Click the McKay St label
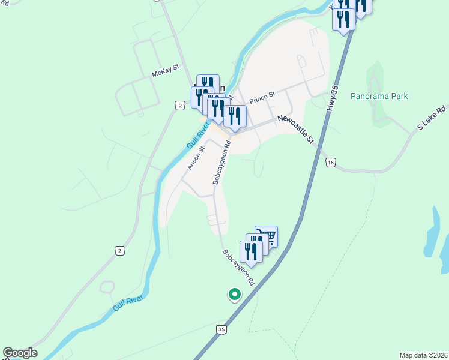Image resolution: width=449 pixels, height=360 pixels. [166, 73]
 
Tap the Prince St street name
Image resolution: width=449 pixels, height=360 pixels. [262, 96]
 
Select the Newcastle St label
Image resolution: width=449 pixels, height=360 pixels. [296, 130]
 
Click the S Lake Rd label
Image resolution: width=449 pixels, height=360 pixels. [433, 118]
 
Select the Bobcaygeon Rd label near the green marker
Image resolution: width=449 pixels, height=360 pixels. [240, 268]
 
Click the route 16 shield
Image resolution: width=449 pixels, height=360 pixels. [331, 162]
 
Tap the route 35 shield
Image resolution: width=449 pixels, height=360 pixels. [222, 329]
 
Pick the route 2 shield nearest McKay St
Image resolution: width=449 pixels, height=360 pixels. [179, 106]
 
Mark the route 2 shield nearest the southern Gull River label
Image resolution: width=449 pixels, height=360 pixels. [121, 250]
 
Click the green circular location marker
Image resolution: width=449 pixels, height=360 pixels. [234, 295]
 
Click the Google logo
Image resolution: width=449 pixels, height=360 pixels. [20, 353]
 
